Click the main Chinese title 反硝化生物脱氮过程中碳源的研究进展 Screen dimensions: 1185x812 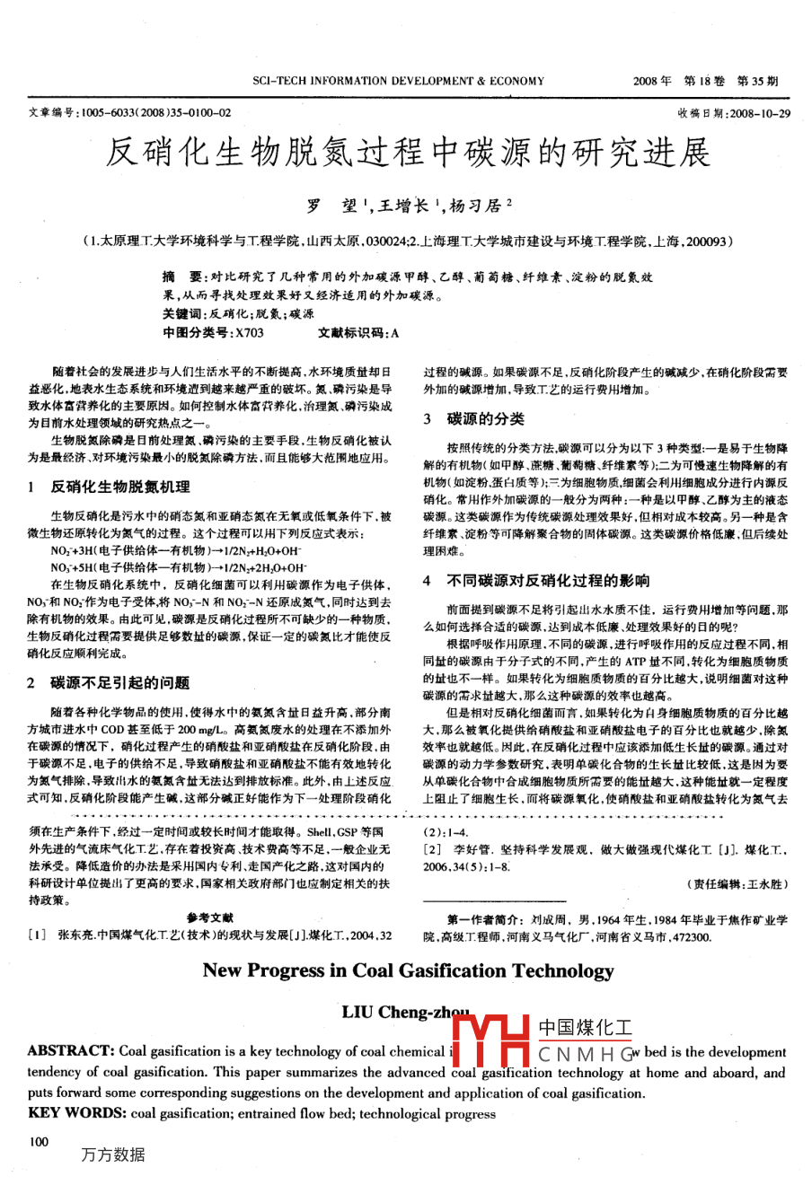click(x=408, y=154)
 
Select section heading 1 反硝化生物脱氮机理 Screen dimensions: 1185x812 click(x=110, y=487)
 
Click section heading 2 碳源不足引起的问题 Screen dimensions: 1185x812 click(x=110, y=683)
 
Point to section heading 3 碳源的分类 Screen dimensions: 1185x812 click(x=474, y=419)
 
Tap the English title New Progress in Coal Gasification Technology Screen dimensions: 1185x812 click(x=408, y=970)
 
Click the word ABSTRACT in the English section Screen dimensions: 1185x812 click(x=70, y=1051)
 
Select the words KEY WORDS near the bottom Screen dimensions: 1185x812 click(x=77, y=1113)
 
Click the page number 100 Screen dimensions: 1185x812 click(x=39, y=1142)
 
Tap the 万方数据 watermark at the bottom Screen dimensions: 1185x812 click(x=113, y=1154)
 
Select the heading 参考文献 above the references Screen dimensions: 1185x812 click(x=210, y=917)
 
